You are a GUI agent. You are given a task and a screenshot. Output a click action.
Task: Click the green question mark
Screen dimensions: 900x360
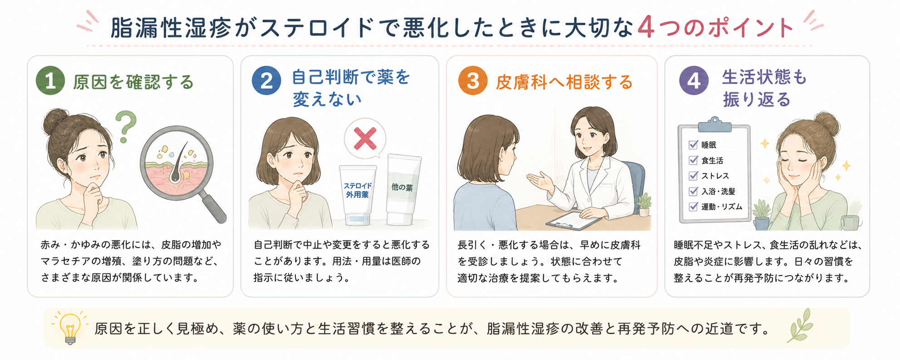126,127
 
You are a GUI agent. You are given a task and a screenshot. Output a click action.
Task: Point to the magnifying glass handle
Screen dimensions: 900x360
212,207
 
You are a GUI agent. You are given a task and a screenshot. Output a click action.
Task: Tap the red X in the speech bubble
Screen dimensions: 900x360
365,138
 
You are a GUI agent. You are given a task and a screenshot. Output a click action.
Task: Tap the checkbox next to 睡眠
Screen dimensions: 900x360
693,145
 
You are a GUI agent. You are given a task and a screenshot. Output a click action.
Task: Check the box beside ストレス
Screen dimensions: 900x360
693,176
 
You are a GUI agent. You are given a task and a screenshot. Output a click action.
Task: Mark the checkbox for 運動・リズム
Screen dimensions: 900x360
693,207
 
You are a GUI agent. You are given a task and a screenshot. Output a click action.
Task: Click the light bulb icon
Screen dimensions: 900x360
69,328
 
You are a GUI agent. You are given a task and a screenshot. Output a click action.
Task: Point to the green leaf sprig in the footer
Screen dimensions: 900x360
801,325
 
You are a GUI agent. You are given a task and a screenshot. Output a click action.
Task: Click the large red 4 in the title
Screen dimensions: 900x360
646,28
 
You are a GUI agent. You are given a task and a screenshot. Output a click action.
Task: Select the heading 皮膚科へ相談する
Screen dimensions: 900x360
564,82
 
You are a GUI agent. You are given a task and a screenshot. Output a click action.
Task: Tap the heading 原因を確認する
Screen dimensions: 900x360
133,82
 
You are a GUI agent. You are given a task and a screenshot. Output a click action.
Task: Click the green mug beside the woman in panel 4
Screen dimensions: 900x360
851,222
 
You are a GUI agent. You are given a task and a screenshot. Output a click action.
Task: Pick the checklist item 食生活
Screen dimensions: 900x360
712,161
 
